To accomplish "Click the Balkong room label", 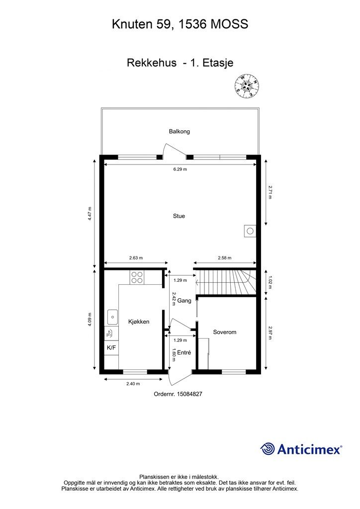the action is coord(179,131).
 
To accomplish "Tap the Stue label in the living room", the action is coord(179,216).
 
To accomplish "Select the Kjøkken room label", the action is coord(139,322).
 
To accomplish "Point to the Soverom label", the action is coord(225,332).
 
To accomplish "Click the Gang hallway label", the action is coord(184,301).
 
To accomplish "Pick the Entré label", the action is coord(184,352).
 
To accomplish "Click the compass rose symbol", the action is coord(247,86).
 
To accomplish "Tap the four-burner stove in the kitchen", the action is coord(137,277).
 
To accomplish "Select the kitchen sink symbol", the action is coord(113,317).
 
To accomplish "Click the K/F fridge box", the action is coord(111,347).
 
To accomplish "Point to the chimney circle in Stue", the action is coord(250,232).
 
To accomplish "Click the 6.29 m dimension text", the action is coord(180,169).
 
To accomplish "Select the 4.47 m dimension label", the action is coord(90,214).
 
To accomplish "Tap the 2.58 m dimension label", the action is coord(225,258).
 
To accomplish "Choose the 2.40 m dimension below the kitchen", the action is coord(133,384).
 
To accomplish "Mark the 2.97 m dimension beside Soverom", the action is coord(270,333).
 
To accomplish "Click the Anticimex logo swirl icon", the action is coord(268,449).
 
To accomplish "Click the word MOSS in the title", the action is coord(230,24).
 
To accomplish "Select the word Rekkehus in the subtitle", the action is coord(152,63).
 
